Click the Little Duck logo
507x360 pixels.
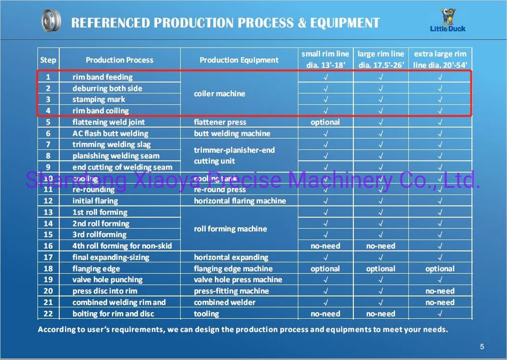[447, 21]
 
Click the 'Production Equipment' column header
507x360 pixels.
[239, 60]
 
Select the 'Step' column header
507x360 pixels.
[48, 60]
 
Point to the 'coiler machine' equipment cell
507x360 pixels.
[219, 94]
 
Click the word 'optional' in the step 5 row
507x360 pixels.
[325, 122]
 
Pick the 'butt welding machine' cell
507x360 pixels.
[232, 134]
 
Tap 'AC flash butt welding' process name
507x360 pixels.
[110, 134]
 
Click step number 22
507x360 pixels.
[48, 314]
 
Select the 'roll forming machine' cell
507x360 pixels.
[230, 229]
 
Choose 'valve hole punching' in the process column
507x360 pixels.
[107, 280]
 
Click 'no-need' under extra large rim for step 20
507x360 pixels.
[439, 291]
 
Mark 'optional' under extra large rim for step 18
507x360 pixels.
[439, 269]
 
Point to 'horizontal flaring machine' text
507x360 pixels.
[239, 201]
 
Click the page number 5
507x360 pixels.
[482, 347]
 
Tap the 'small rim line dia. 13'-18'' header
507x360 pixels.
[325, 60]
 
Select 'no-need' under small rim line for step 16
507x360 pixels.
[325, 246]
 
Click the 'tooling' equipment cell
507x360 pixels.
[206, 314]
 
